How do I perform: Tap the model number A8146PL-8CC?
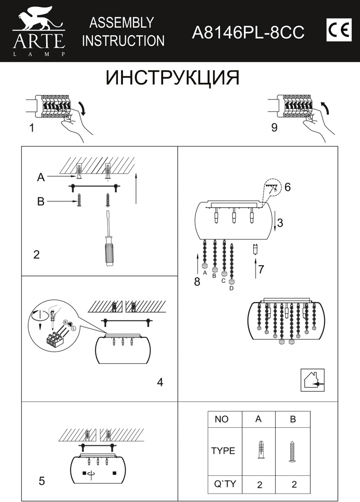pos(249,32)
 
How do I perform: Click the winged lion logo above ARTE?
pos(38,19)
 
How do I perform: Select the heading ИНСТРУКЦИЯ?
pos(172,78)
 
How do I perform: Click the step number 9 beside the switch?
pos(274,128)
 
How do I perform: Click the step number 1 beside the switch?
pos(32,128)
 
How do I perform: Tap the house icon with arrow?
pos(312,380)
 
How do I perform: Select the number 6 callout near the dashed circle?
pos(287,187)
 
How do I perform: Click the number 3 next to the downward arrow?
pos(280,223)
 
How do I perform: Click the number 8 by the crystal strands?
pos(197,282)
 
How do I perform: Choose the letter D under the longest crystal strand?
pos(231,288)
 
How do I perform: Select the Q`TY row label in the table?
pos(224,484)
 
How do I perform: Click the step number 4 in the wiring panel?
pos(160,382)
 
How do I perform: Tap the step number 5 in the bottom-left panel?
pos(42,481)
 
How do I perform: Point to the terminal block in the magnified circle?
pos(56,340)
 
